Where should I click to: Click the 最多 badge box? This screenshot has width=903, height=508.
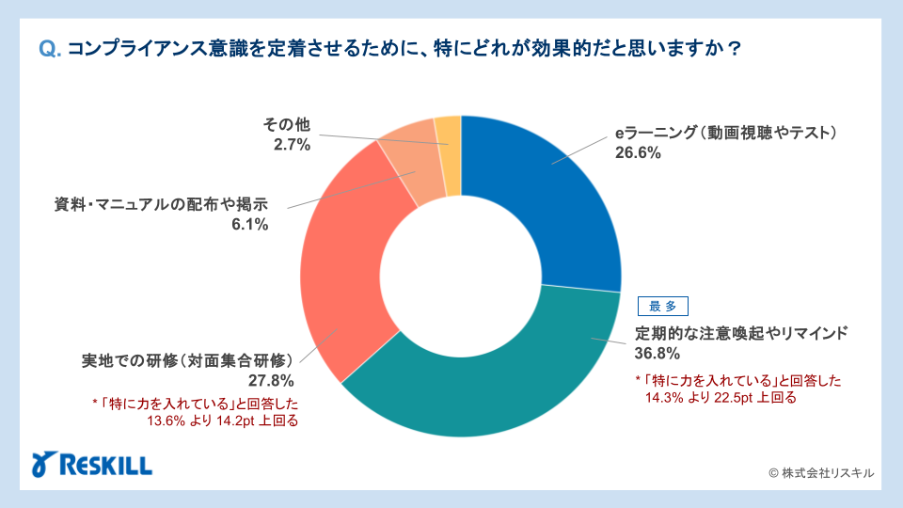[663, 306]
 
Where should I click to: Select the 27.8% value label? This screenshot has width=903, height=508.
[272, 381]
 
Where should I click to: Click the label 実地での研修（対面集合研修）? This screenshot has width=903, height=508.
[188, 361]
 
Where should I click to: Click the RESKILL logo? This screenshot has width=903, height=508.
[92, 465]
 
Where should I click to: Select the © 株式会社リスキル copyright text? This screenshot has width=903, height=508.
[821, 473]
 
